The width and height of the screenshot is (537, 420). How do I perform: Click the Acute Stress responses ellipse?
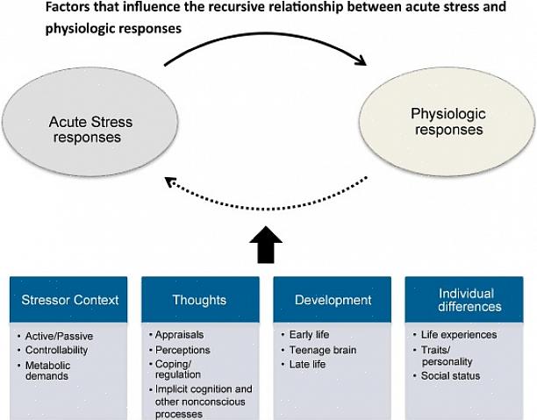[85, 130]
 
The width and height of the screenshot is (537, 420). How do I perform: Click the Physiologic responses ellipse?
[447, 122]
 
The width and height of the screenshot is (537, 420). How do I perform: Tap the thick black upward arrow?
[267, 246]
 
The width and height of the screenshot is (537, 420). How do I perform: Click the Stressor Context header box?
[69, 300]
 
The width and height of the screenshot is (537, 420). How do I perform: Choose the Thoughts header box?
[201, 300]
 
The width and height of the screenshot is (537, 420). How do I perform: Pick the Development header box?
[333, 300]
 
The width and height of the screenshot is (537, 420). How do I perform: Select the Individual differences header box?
[469, 300]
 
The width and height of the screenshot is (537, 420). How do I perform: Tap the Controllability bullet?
[61, 350]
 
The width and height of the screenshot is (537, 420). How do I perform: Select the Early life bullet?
[312, 335]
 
